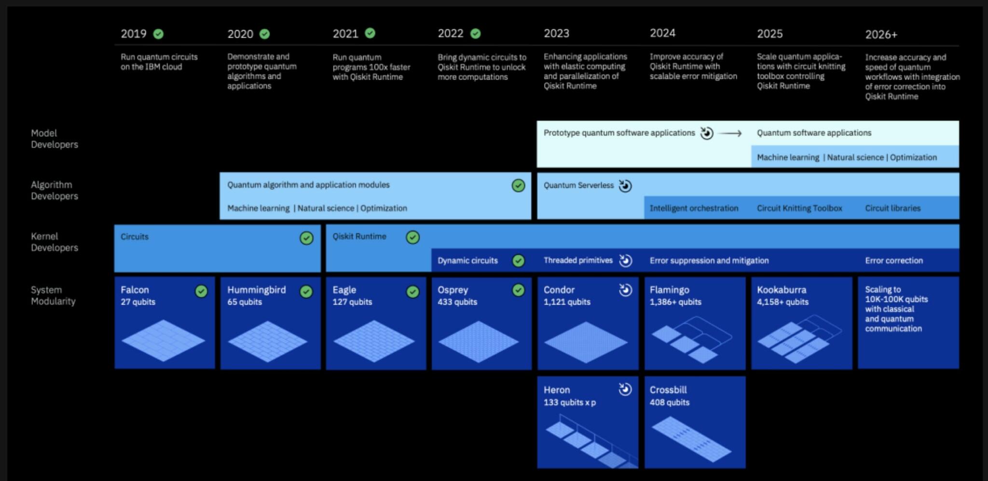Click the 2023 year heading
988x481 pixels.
pos(556,33)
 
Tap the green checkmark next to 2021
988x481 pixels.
pos(370,33)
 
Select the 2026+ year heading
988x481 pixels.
pos(881,34)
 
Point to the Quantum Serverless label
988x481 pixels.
pos(578,185)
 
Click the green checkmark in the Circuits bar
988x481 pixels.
pos(306,238)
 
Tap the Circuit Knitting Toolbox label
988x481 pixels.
pos(799,208)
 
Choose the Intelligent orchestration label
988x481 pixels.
pos(694,208)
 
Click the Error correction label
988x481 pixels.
pos(893,261)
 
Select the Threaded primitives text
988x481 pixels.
pos(578,261)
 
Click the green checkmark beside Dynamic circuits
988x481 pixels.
pos(519,261)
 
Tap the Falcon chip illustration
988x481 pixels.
pos(164,340)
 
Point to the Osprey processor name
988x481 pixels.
pos(453,290)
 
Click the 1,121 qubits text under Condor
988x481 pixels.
pos(567,302)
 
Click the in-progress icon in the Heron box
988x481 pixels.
pos(625,389)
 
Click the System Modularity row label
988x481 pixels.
pos(53,295)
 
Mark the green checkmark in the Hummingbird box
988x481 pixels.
pos(306,291)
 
